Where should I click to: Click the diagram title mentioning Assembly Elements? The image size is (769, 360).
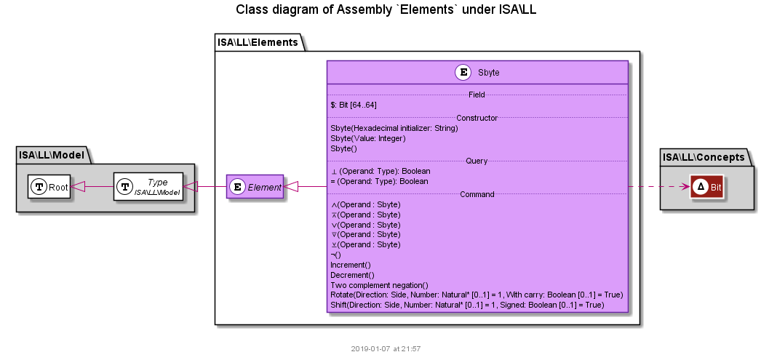386,9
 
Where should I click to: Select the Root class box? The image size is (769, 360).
49,186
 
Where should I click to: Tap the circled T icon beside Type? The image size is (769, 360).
125,186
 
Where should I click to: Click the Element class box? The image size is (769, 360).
255,186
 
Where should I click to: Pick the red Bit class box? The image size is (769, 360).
706,187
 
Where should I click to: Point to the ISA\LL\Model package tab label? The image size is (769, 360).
52,156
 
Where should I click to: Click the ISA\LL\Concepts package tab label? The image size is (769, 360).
704,157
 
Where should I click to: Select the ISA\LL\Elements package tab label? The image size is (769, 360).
258,42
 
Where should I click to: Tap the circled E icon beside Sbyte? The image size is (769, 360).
463,73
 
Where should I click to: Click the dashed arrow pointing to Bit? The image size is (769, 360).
659,187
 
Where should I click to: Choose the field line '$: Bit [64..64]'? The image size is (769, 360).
354,105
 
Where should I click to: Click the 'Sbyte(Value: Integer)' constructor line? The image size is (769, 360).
368,138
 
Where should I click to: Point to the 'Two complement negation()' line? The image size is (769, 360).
379,285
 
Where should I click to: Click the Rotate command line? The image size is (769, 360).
477,295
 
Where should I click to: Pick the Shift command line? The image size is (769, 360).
467,305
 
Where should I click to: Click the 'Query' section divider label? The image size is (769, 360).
477,161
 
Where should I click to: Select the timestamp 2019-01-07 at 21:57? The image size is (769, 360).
386,349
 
